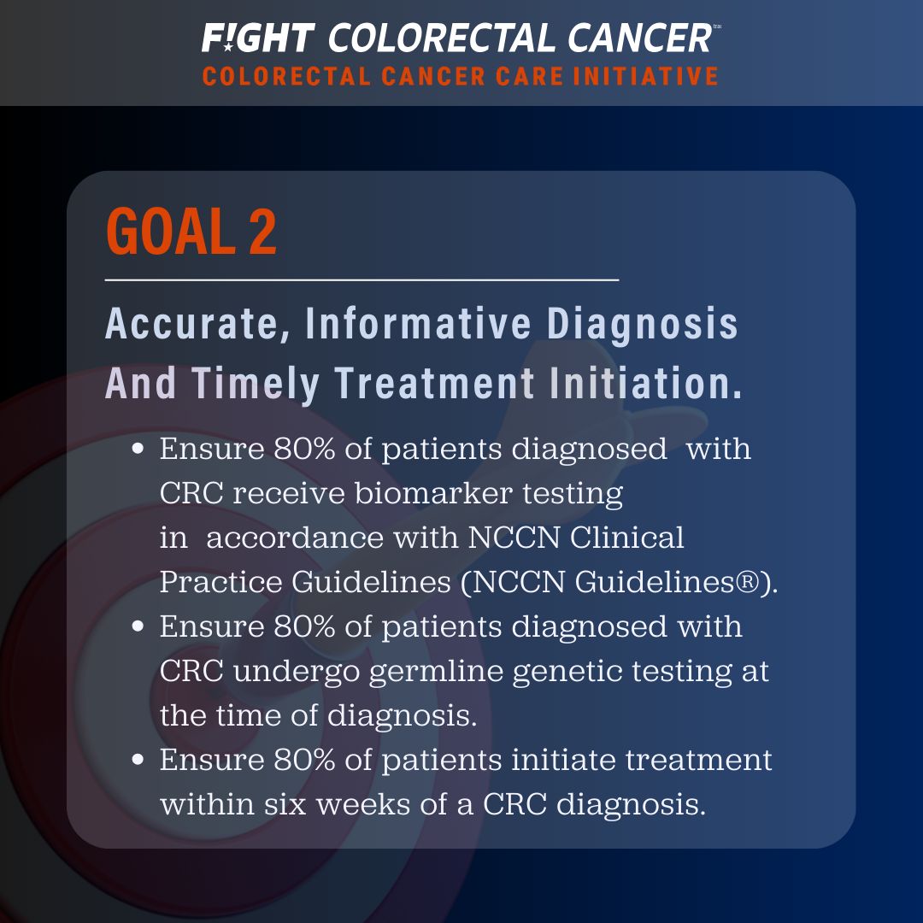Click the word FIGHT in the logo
coord(258,38)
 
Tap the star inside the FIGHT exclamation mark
coord(228,46)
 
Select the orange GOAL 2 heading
coord(191,232)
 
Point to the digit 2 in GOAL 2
coord(262,232)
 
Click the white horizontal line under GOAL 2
coord(362,280)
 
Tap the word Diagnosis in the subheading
coord(642,325)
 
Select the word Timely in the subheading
coord(256,384)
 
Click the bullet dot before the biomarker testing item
coord(138,450)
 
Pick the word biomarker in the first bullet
coord(433,493)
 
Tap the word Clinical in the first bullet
coord(627,538)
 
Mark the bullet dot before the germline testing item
coord(138,626)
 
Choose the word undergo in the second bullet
coord(296,673)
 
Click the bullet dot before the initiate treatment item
coord(138,760)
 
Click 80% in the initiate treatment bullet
coord(304,760)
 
